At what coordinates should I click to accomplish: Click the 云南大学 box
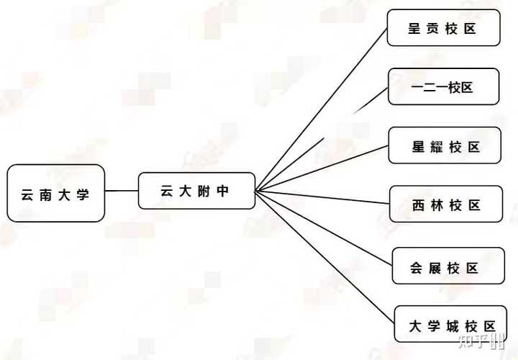[56, 193]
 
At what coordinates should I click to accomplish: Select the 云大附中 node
[196, 191]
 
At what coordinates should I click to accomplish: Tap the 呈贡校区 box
[443, 28]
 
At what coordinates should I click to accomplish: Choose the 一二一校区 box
[443, 87]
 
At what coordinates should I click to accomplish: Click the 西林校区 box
[446, 204]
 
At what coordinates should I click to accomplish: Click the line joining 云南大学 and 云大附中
[122, 191]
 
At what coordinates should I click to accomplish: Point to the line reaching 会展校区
[324, 228]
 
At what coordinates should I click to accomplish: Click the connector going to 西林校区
[324, 197]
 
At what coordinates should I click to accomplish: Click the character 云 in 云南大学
[27, 194]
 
